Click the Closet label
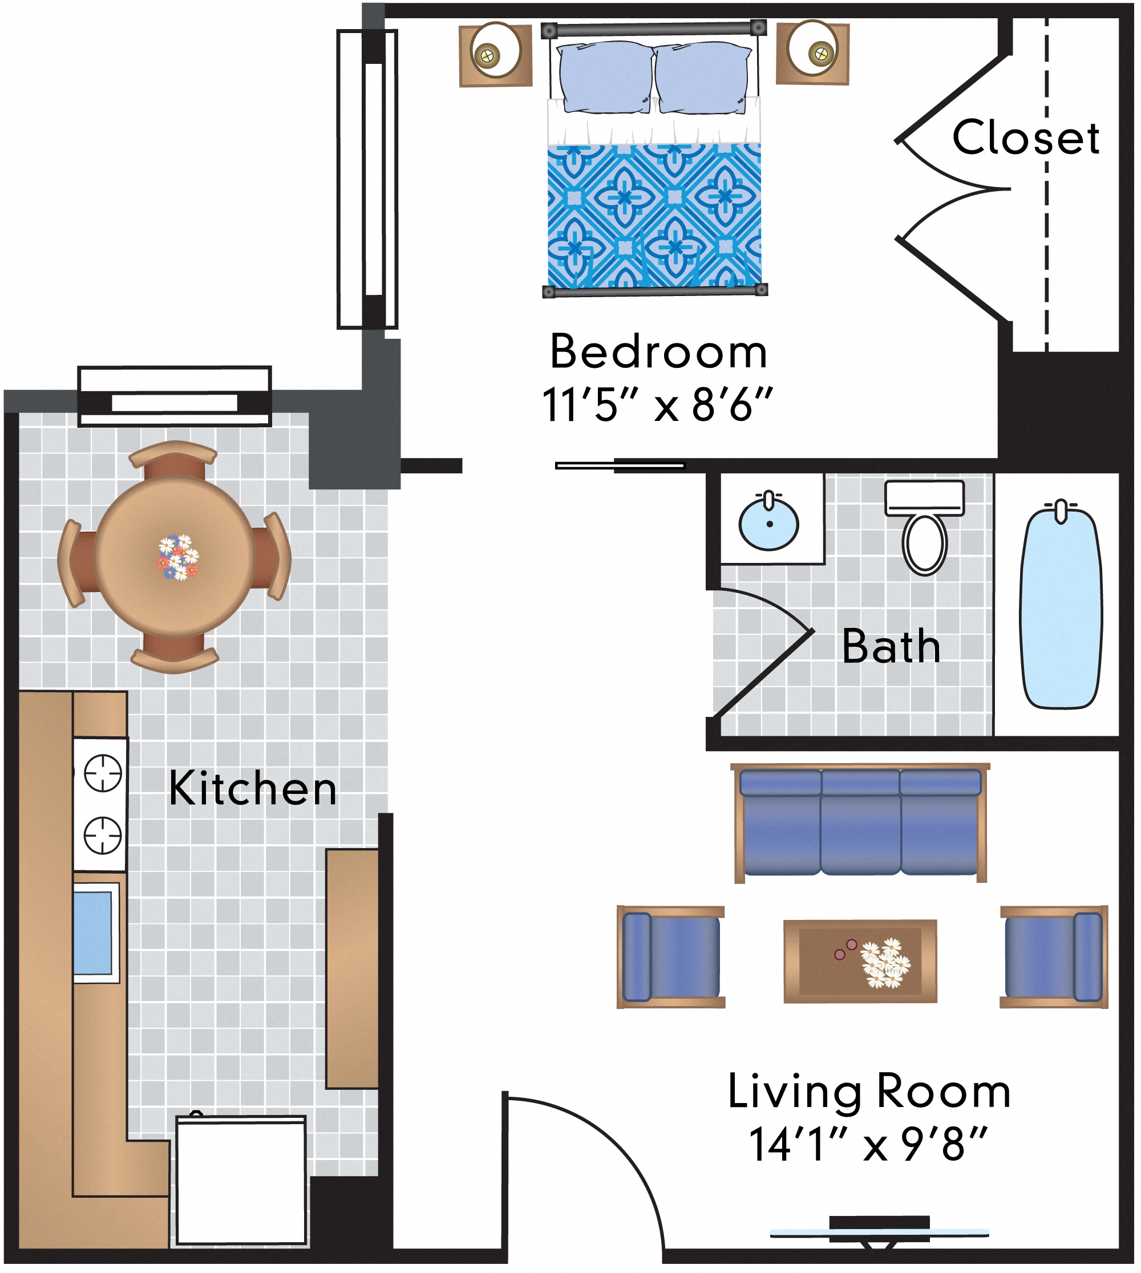(1026, 137)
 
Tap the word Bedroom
(658, 352)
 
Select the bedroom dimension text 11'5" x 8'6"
(657, 405)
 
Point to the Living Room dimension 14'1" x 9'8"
(868, 1145)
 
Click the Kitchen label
(253, 788)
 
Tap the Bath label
(891, 646)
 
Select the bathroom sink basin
(768, 522)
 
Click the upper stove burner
(103, 773)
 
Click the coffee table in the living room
(860, 962)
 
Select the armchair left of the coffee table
(671, 957)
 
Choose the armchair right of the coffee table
(1054, 956)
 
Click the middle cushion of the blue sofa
(861, 822)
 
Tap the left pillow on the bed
(605, 77)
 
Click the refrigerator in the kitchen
(241, 1179)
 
